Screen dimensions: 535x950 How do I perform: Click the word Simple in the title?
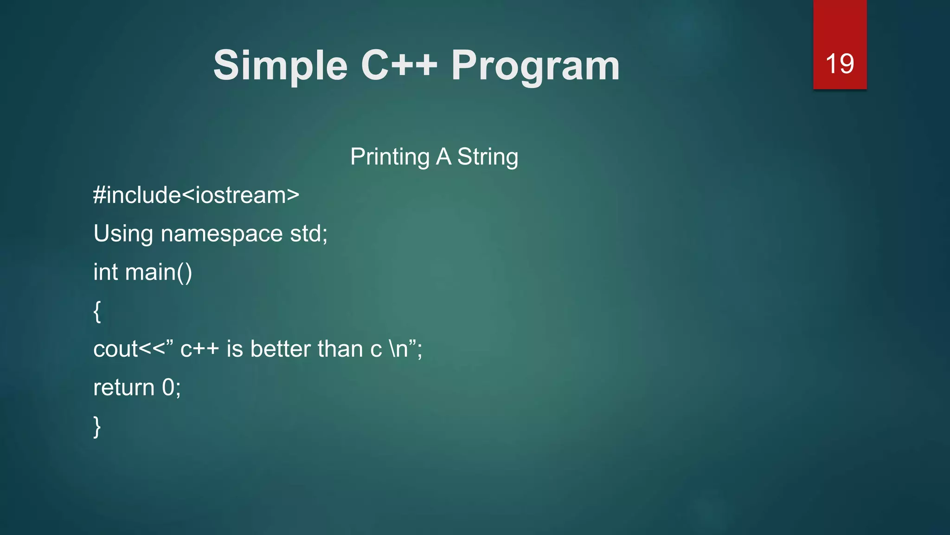tap(280, 66)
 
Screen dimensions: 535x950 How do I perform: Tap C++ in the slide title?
tap(398, 65)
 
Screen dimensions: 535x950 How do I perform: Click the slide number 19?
tap(840, 64)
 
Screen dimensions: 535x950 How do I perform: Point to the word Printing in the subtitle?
tap(390, 157)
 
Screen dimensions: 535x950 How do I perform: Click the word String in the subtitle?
tap(488, 157)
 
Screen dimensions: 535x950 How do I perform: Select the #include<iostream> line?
tap(196, 195)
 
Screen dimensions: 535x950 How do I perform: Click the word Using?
tap(123, 234)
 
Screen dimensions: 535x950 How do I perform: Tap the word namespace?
tap(221, 234)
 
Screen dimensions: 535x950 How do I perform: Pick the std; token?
tap(308, 233)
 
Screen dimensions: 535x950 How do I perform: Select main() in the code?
tap(159, 272)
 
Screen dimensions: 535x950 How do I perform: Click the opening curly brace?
tap(97, 311)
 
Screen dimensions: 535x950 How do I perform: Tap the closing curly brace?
tap(97, 426)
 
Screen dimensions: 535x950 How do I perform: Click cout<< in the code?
tap(129, 349)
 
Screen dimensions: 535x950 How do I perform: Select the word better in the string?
tap(280, 349)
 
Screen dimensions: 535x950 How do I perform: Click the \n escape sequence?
tap(398, 349)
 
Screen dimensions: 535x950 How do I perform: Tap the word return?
tap(124, 388)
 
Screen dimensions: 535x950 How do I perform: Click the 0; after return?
tap(171, 388)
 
